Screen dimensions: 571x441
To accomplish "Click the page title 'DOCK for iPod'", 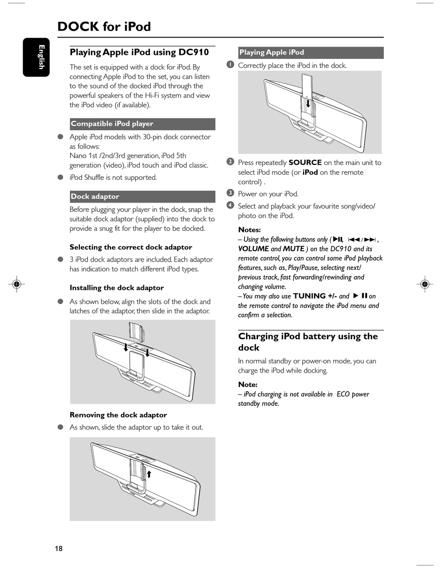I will pyautogui.click(x=104, y=26).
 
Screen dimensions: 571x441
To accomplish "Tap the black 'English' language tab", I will pyautogui.click(x=37, y=57).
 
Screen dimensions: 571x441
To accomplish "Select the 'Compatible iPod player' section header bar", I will pyautogui.click(x=142, y=124).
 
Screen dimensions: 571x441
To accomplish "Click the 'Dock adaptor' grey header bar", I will pyautogui.click(x=142, y=197).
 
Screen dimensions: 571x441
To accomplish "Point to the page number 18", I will pyautogui.click(x=58, y=549).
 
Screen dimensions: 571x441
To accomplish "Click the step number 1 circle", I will pyautogui.click(x=230, y=65).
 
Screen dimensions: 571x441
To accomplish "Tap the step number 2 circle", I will pyautogui.click(x=230, y=162).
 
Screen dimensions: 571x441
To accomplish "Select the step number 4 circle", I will pyautogui.click(x=230, y=205).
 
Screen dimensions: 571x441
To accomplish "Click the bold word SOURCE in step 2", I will pyautogui.click(x=305, y=163).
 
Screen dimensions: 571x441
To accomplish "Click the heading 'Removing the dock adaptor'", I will pyautogui.click(x=118, y=415).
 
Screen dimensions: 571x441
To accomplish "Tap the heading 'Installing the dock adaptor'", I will pyautogui.click(x=117, y=288).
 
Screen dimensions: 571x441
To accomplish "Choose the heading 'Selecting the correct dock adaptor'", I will pyautogui.click(x=130, y=247).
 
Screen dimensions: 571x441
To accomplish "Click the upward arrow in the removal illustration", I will pyautogui.click(x=149, y=473).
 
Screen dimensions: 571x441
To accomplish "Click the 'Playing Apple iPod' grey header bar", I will pyautogui.click(x=311, y=53).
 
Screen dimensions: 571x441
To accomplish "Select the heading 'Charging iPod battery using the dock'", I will pyautogui.click(x=308, y=341).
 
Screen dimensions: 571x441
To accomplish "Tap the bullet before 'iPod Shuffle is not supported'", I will pyautogui.click(x=60, y=177).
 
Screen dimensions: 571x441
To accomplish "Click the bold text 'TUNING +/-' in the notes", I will pyautogui.click(x=315, y=296).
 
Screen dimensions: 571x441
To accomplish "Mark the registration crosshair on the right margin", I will pyautogui.click(x=424, y=284).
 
